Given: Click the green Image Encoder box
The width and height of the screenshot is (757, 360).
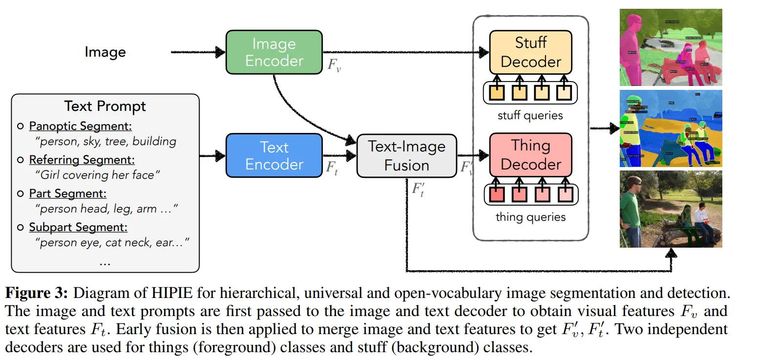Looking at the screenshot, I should [x=274, y=52].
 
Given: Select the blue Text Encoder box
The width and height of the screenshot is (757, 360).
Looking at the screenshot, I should [x=274, y=155].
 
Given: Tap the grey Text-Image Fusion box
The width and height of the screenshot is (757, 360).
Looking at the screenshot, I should [x=406, y=156].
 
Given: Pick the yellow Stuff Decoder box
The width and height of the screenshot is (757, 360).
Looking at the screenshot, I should [x=530, y=52].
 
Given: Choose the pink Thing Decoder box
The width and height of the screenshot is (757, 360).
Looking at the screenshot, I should [x=530, y=155].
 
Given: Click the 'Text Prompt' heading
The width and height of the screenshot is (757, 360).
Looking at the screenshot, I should [x=105, y=106].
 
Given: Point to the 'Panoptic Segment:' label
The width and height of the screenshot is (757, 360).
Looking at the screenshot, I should [x=80, y=126].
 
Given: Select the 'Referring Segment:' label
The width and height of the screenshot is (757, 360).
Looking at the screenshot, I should [x=82, y=160].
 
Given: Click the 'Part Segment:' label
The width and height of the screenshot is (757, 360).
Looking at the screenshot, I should [x=67, y=193].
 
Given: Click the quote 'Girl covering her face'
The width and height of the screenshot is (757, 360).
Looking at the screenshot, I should [x=98, y=175].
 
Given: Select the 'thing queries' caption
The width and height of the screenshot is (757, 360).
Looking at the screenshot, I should [x=530, y=217].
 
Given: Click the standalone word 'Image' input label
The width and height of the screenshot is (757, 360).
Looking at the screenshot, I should [x=105, y=52].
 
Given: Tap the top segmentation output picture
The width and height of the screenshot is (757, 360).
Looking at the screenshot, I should [x=671, y=47].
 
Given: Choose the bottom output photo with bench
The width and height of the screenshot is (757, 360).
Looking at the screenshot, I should [x=671, y=209].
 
